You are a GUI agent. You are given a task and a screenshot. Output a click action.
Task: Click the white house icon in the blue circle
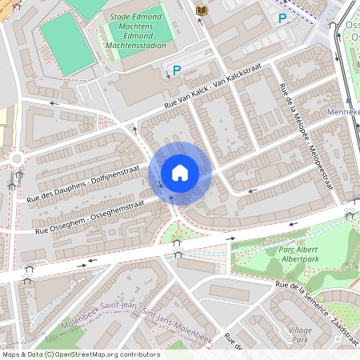point(180,172)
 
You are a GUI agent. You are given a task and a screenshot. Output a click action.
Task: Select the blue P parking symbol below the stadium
point(177,70)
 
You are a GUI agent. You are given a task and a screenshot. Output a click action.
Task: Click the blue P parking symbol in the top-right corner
point(282,18)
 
